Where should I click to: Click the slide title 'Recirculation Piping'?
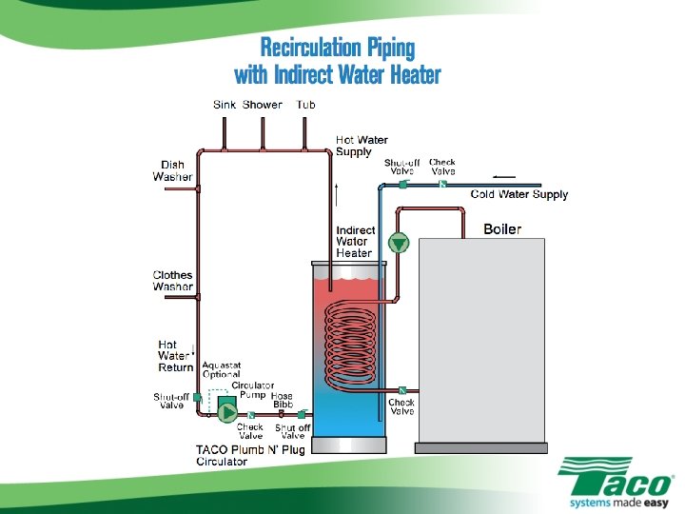click(338, 48)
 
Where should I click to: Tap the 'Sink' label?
click(225, 105)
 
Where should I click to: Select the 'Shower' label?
click(263, 105)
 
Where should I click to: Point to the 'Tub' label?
click(305, 105)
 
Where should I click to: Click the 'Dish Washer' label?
click(172, 170)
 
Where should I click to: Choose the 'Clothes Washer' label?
click(172, 281)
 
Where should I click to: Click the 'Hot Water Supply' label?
click(362, 146)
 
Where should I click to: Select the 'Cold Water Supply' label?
click(519, 194)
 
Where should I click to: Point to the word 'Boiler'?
click(502, 229)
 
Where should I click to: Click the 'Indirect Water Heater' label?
click(355, 242)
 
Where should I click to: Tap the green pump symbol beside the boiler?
click(400, 243)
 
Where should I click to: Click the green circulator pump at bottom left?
click(227, 408)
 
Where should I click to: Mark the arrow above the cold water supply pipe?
click(505, 176)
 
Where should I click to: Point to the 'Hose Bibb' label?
click(283, 400)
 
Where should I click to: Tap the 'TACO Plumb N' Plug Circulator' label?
click(250, 456)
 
